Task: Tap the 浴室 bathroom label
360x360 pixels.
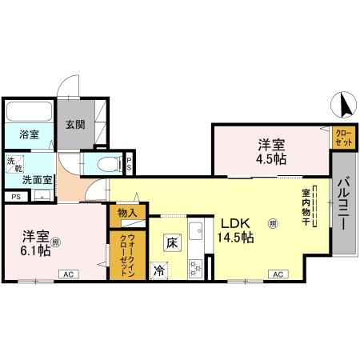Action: click(29, 134)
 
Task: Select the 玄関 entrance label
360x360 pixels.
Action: click(75, 125)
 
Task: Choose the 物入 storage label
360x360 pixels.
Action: click(128, 213)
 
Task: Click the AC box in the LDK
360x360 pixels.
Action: click(278, 274)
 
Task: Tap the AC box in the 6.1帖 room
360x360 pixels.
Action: click(68, 274)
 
